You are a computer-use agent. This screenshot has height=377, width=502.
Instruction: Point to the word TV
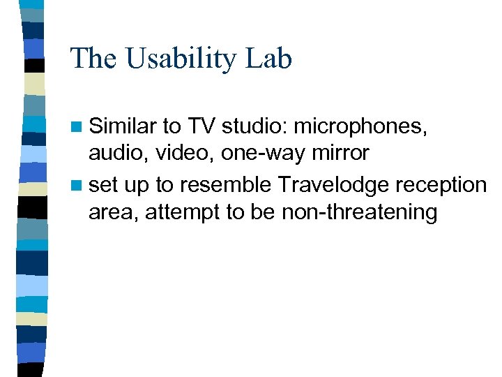click(201, 127)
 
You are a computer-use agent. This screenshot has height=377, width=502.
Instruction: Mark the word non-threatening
click(359, 212)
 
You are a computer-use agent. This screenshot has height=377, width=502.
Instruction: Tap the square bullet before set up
click(77, 185)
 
